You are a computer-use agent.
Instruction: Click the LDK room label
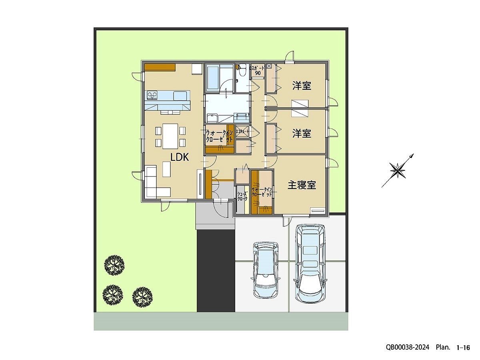[x=180, y=158]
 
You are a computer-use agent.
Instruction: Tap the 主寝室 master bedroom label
[x=302, y=185]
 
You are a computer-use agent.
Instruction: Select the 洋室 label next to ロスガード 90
[x=302, y=86]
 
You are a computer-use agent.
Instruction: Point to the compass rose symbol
[x=398, y=171]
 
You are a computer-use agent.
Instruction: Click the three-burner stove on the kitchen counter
[x=152, y=95]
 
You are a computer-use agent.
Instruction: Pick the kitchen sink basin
[x=180, y=95]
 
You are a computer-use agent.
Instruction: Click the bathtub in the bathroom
[x=212, y=78]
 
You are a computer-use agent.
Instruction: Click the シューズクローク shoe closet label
[x=242, y=196]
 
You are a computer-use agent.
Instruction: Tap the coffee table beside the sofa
[x=167, y=169]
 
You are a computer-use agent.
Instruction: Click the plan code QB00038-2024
[x=407, y=348]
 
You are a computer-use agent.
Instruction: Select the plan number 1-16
[x=463, y=348]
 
